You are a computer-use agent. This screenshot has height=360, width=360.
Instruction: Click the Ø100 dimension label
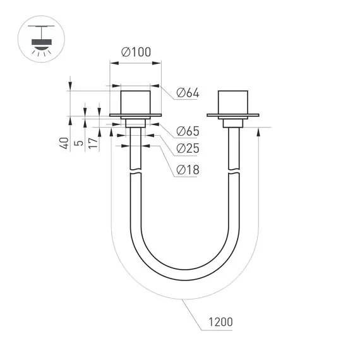(x=135, y=53)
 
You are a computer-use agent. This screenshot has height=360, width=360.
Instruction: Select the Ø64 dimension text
(x=188, y=93)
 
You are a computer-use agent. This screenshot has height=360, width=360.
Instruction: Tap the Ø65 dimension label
(x=188, y=131)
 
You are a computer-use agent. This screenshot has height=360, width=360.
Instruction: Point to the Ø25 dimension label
(x=188, y=148)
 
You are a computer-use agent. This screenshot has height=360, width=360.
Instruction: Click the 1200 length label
(x=220, y=322)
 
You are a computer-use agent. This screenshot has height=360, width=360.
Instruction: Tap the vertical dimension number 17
(x=92, y=143)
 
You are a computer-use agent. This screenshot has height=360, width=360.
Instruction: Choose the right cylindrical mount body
(x=233, y=102)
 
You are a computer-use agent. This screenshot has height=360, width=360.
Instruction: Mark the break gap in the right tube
(x=233, y=172)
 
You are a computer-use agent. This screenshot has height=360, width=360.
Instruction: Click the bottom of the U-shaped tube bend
(x=184, y=267)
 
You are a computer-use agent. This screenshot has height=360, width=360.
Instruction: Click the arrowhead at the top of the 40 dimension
(x=70, y=87)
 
